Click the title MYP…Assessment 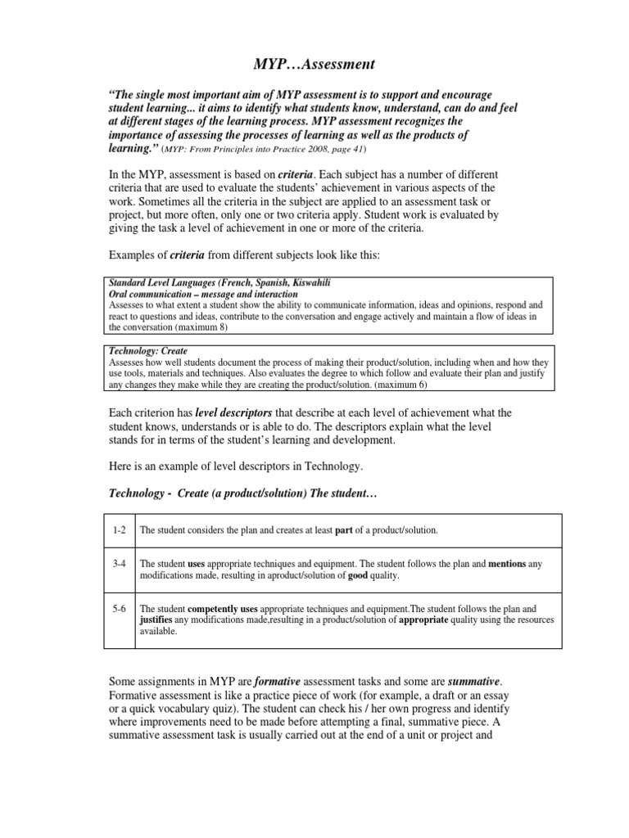point(314,65)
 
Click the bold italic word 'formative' point(281,683)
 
